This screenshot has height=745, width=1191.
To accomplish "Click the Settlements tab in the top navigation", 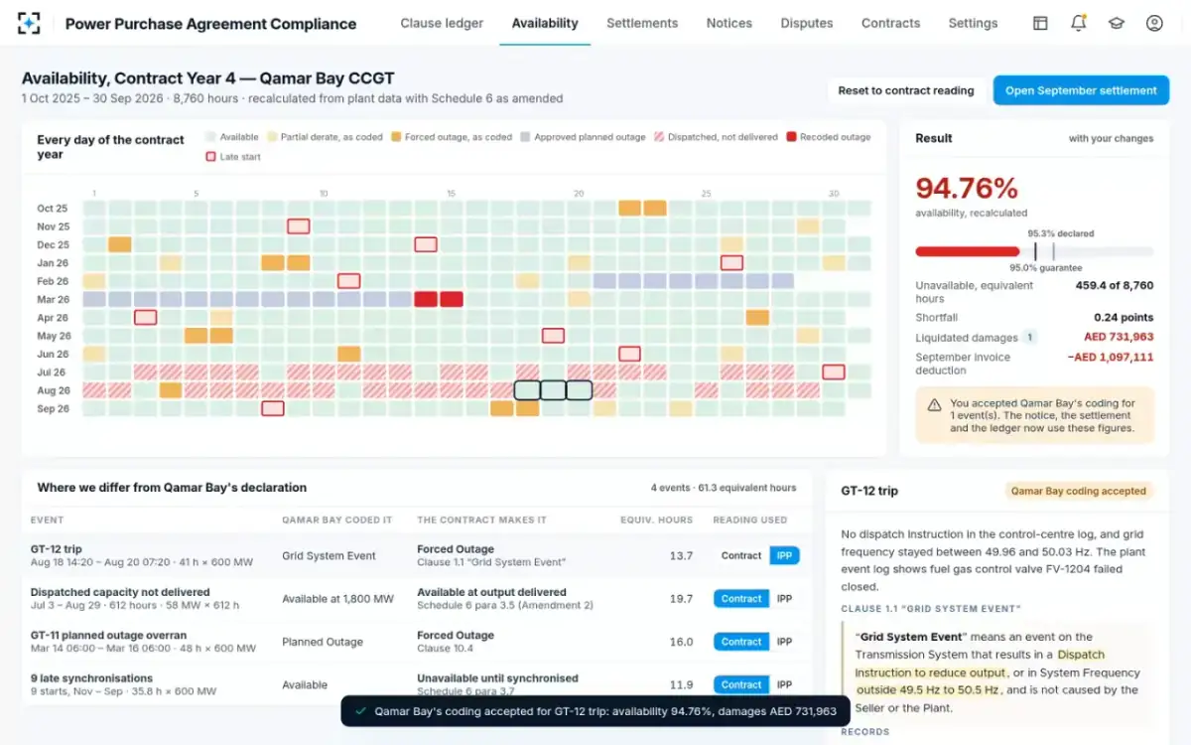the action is tap(642, 24).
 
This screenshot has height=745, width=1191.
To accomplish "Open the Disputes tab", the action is tap(807, 24).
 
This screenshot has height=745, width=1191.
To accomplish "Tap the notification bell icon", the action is tap(1078, 23).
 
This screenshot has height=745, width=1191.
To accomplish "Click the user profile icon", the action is tap(1153, 23).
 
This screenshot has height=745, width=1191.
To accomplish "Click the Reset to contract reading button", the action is tap(906, 90).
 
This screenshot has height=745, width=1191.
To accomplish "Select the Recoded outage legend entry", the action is tap(829, 137).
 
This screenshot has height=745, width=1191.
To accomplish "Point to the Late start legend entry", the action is tap(233, 157).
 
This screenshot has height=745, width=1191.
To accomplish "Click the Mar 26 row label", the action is tap(54, 300).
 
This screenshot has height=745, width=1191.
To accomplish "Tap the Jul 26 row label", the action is tap(51, 372).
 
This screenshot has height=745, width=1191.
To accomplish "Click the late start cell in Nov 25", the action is tap(299, 226).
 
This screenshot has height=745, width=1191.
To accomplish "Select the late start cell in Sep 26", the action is tap(273, 408).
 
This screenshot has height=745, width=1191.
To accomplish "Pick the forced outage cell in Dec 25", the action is tap(120, 244).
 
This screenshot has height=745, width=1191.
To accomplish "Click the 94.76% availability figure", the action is tap(967, 189).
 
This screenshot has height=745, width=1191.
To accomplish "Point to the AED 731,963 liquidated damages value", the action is tap(1119, 337).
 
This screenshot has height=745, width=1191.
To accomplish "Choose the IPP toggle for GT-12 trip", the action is tap(784, 555).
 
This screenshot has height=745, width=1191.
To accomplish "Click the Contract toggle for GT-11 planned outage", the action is tap(741, 642).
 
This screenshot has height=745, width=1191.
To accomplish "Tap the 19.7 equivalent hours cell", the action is tap(681, 599).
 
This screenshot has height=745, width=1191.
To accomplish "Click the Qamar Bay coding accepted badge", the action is tap(1078, 491).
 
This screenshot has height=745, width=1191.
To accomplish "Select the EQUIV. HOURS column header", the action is tap(657, 520).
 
